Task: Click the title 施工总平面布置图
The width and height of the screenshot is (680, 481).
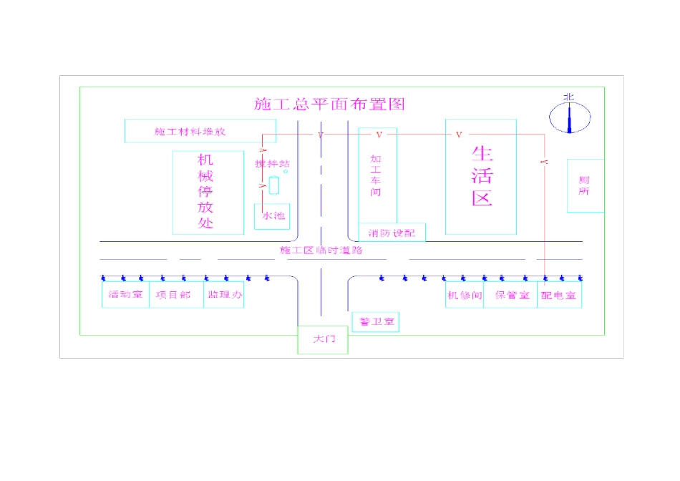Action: [329, 105]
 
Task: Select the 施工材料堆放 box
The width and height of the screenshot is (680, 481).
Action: [190, 131]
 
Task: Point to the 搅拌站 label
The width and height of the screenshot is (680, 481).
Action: [272, 164]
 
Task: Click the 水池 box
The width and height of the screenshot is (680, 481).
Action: [272, 215]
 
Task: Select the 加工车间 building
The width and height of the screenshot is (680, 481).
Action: [377, 176]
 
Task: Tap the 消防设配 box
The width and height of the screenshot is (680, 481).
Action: [392, 233]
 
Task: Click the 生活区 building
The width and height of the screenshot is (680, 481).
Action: [481, 177]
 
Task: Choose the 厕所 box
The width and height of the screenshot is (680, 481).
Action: [585, 185]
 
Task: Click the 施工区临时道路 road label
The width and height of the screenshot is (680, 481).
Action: [321, 251]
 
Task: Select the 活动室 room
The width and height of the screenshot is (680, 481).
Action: [125, 295]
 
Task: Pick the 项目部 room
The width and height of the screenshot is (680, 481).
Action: [175, 295]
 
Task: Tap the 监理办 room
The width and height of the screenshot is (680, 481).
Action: [223, 295]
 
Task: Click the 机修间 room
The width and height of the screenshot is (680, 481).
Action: [465, 295]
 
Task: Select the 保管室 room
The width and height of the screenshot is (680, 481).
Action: [510, 295]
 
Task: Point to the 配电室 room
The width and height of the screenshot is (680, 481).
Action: [559, 295]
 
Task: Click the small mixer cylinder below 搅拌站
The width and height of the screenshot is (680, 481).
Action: [273, 185]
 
